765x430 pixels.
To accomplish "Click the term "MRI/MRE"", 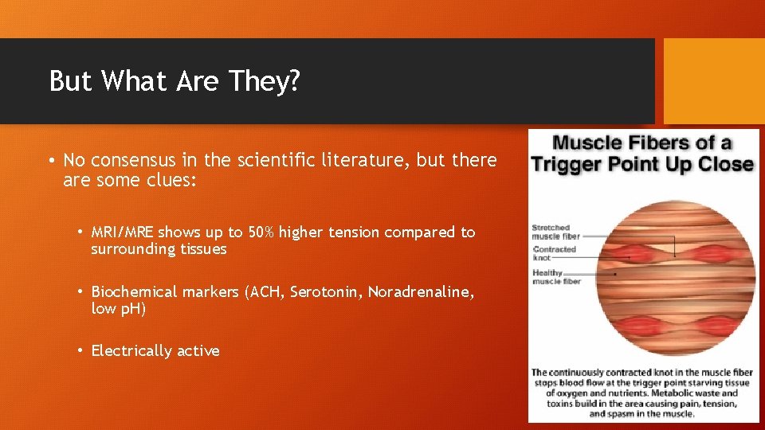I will coord(123,233).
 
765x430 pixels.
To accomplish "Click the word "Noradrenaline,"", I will coord(422,292).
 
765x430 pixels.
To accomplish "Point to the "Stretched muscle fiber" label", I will coord(555,233).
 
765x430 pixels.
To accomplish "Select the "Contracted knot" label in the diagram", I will coord(554,253).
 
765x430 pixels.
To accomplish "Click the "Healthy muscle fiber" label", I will coord(555,277).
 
